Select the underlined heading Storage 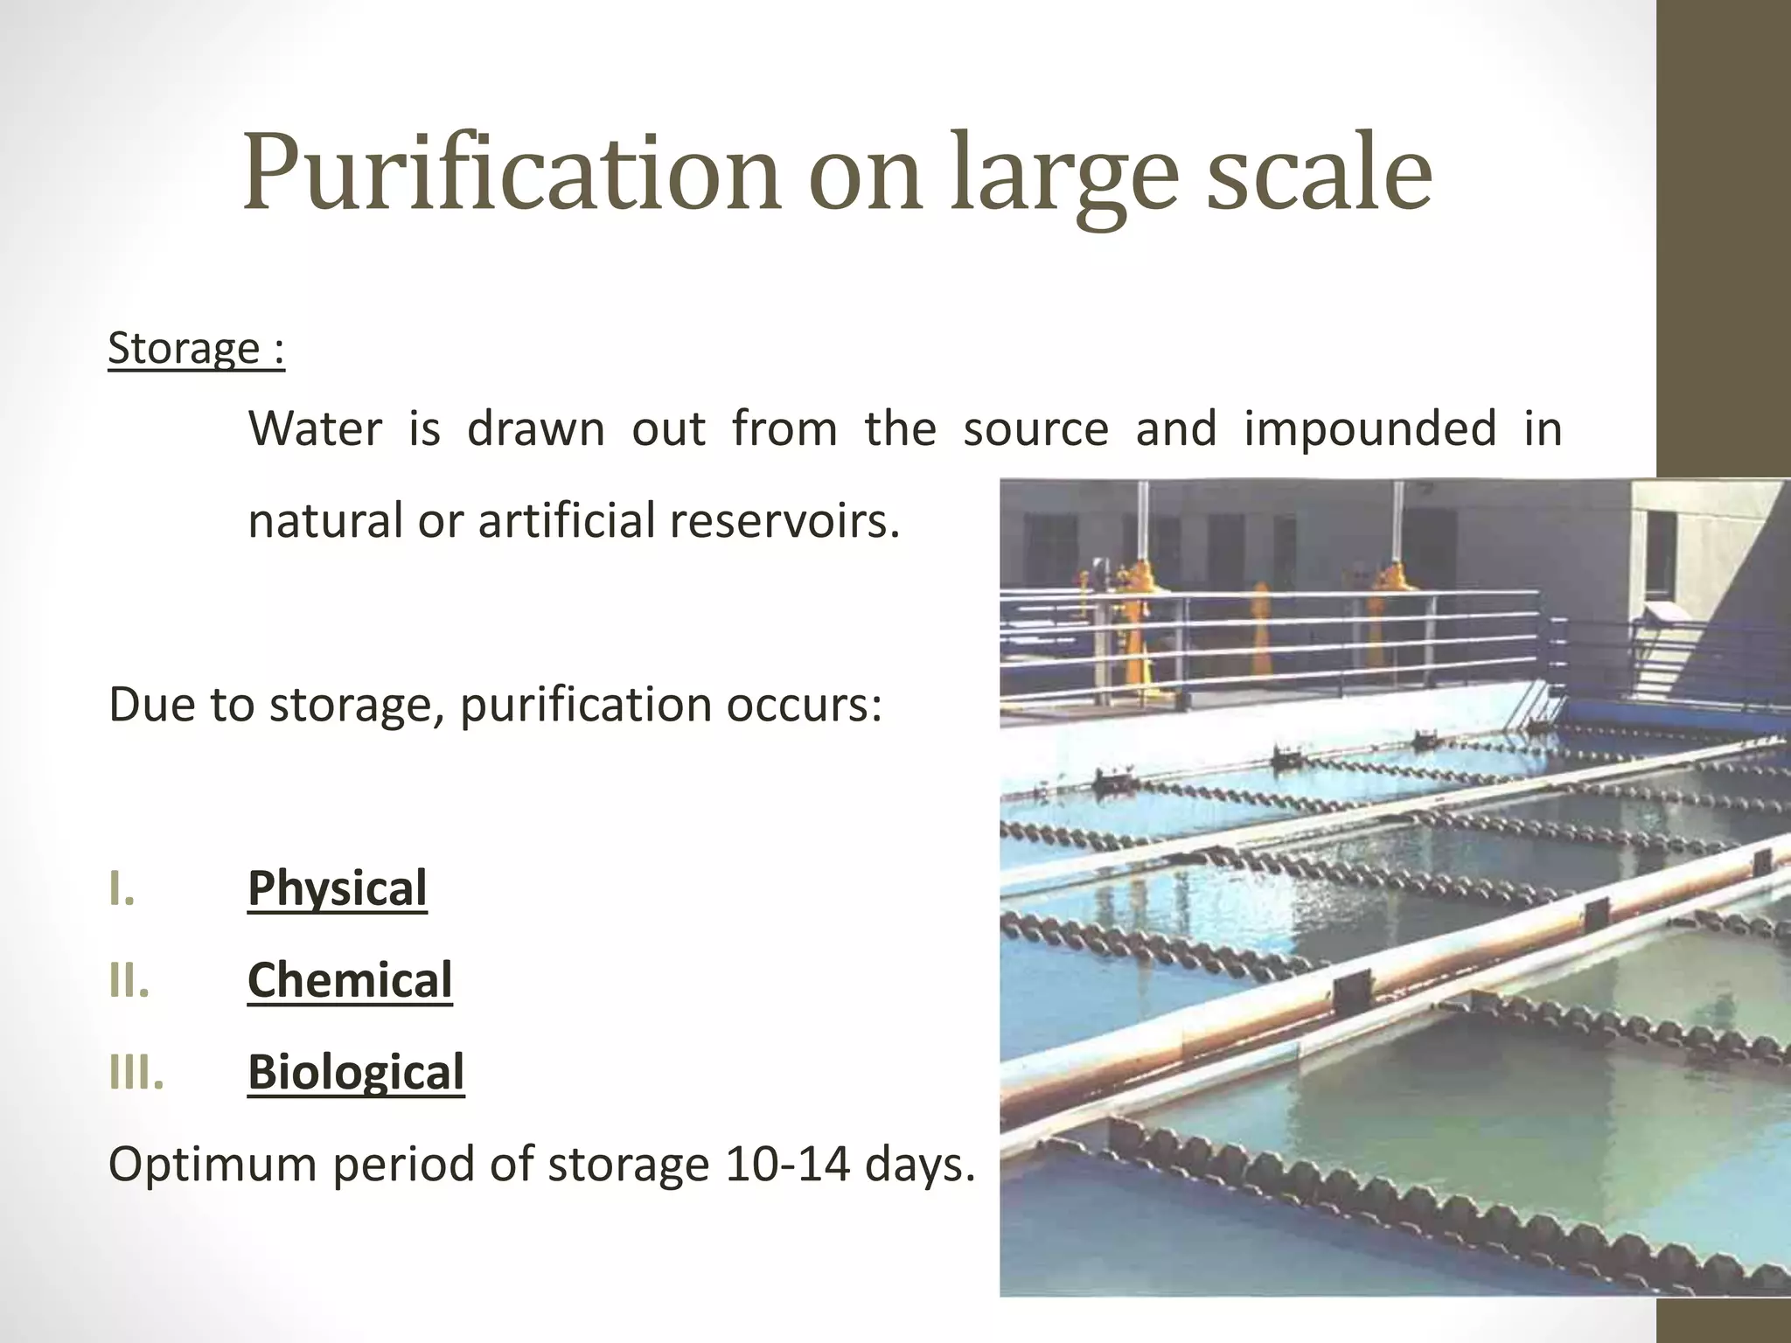[184, 349]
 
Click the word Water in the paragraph [316, 429]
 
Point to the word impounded [1370, 429]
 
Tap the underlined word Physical [338, 888]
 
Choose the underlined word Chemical [350, 980]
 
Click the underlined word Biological [356, 1072]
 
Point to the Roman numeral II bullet [129, 981]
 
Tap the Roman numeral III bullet [136, 1073]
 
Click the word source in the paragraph [1035, 429]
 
